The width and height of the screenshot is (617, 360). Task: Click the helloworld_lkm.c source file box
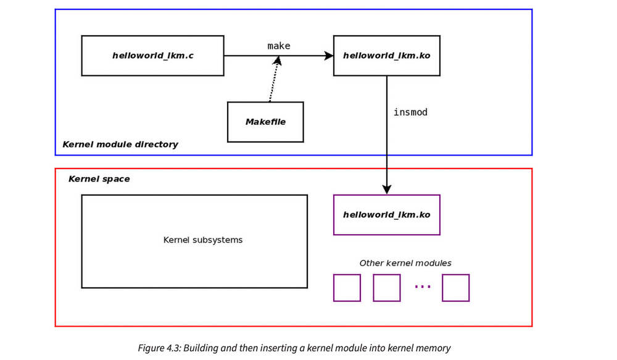(152, 56)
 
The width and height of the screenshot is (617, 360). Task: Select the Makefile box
(265, 122)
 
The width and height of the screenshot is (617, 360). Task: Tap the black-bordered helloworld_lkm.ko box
(386, 56)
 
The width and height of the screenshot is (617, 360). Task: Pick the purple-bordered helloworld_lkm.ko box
(386, 215)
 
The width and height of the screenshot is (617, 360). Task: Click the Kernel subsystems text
(203, 240)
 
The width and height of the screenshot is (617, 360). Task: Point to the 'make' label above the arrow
(278, 46)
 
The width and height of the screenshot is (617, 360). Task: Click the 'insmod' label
(410, 112)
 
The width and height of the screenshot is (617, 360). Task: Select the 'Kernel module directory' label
(120, 144)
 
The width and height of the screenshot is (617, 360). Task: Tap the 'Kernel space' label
(99, 179)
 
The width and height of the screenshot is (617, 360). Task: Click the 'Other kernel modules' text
(405, 263)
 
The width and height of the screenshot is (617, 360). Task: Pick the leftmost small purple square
(347, 288)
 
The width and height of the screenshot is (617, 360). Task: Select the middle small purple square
(387, 288)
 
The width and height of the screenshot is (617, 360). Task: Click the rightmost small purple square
(455, 288)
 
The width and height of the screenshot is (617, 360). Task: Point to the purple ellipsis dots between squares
(423, 287)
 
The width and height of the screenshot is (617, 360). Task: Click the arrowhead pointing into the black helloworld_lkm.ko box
(329, 56)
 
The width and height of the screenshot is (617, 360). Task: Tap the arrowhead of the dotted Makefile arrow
(278, 61)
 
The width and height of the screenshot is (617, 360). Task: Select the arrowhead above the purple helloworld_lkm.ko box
(387, 189)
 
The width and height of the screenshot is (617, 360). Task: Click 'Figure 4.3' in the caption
(157, 348)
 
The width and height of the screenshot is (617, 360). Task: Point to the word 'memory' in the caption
(436, 348)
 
